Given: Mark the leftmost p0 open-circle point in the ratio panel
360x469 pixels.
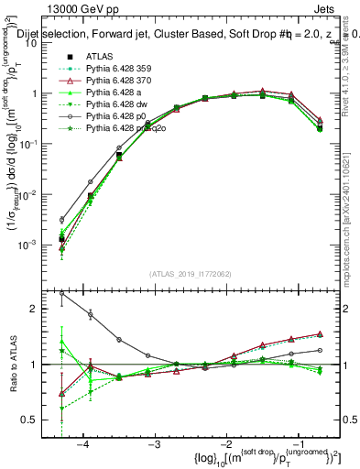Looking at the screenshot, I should pos(61,294).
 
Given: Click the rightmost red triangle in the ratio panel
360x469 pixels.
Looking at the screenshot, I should pos(319,334).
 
